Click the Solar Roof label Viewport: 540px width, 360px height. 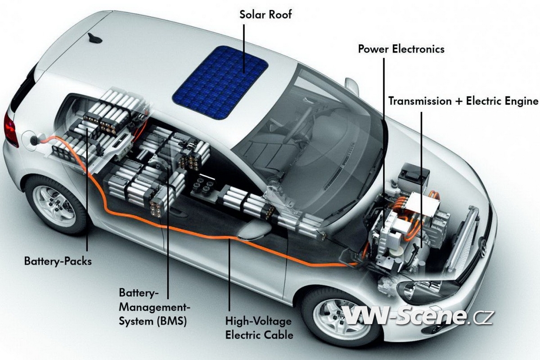pyautogui.click(x=265, y=14)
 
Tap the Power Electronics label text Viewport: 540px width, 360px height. pyautogui.click(x=401, y=49)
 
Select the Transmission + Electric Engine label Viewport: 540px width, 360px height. pyautogui.click(x=463, y=101)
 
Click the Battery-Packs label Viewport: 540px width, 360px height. pyautogui.click(x=58, y=261)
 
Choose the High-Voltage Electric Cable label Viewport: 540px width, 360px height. pyautogui.click(x=259, y=328)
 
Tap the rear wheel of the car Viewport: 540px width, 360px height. pyautogui.click(x=56, y=205)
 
